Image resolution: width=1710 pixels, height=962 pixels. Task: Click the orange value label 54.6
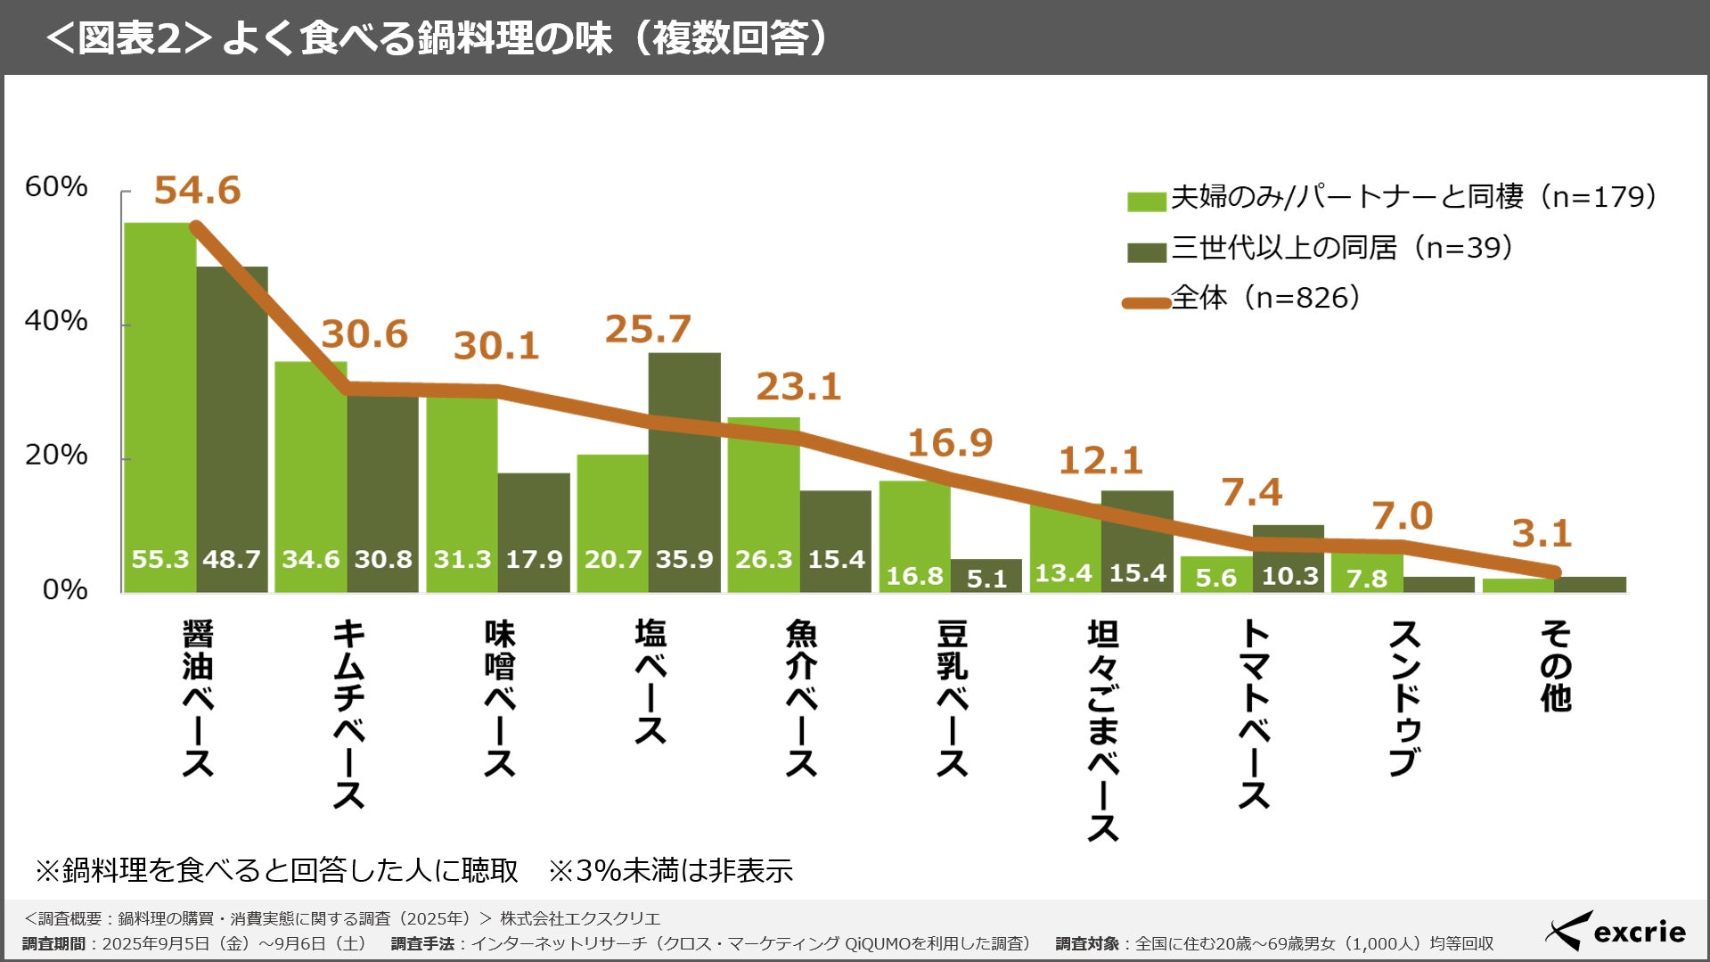click(197, 190)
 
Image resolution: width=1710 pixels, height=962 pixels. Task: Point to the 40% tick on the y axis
click(56, 321)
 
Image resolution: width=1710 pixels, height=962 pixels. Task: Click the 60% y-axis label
click(56, 186)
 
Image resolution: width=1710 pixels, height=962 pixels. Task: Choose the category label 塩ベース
click(650, 682)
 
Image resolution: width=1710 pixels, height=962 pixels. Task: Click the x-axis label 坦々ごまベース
click(1103, 731)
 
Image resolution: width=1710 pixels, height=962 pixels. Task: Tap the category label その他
click(1556, 666)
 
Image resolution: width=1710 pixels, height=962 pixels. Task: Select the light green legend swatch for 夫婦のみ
click(1146, 201)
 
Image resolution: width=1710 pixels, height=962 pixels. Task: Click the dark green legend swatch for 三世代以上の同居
click(1146, 252)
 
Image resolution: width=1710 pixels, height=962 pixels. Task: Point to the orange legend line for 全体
click(1146, 303)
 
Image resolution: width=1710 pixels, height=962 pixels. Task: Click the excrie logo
click(1616, 932)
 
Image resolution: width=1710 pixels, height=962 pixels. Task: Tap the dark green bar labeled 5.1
click(986, 576)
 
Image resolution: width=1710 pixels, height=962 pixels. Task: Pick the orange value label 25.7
click(648, 329)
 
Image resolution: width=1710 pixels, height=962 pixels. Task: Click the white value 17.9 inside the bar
click(534, 559)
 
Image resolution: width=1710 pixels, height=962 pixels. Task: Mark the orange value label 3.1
click(1542, 534)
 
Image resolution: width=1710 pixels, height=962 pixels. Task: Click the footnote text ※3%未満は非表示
click(670, 870)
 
